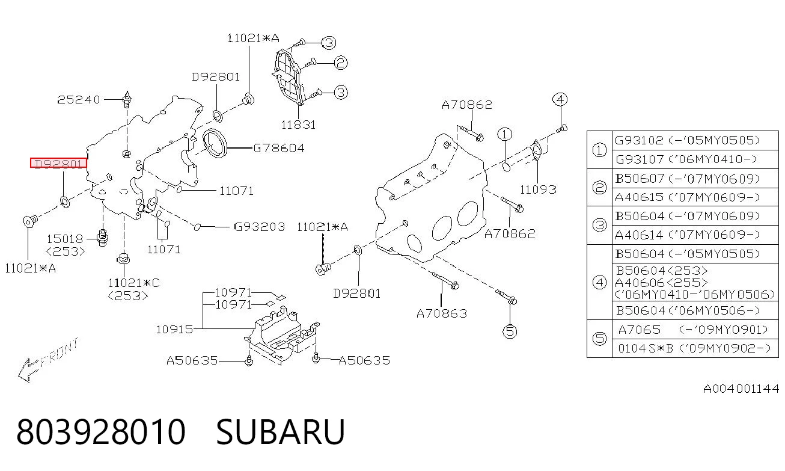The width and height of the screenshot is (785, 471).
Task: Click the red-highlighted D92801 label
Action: (58, 163)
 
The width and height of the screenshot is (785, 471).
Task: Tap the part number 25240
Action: (79, 100)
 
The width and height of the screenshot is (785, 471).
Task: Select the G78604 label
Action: (279, 149)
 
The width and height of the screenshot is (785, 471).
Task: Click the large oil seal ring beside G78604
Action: (215, 143)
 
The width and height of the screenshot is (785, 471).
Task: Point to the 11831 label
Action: (299, 125)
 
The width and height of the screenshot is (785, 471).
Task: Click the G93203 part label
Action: (259, 227)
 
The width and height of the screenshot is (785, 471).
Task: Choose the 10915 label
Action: (174, 329)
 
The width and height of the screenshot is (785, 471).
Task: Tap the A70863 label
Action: (442, 313)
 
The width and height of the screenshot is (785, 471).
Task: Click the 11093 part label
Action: (538, 189)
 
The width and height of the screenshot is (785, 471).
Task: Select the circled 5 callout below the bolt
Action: (510, 331)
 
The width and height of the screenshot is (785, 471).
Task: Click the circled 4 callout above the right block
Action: (560, 99)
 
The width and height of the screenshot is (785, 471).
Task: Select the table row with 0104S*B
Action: (695, 348)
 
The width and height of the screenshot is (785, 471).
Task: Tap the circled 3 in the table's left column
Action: (600, 225)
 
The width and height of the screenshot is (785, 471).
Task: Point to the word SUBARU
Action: (281, 432)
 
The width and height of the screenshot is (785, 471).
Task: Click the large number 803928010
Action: (101, 432)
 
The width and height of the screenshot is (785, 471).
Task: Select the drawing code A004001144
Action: (741, 389)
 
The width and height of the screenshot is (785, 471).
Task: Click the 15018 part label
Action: (65, 239)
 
